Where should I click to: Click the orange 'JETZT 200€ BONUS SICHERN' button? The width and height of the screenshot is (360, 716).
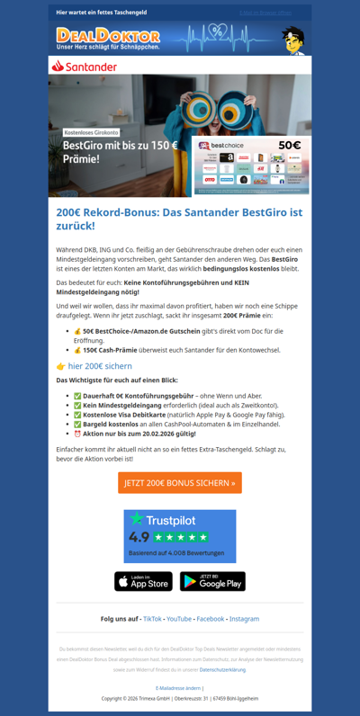[180, 483]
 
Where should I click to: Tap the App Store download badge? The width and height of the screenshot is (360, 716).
[143, 582]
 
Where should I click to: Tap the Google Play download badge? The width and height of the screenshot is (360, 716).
[212, 582]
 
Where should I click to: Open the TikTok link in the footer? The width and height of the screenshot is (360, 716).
[152, 619]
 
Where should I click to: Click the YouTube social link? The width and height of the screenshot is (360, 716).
[178, 619]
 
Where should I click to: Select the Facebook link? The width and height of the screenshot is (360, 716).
[210, 619]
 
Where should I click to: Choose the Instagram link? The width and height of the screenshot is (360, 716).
[244, 619]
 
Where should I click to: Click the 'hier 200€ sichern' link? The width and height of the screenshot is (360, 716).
[100, 366]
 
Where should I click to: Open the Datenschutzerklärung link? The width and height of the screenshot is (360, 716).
[222, 669]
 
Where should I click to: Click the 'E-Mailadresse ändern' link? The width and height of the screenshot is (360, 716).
[180, 687]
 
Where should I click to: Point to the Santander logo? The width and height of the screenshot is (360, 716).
[85, 67]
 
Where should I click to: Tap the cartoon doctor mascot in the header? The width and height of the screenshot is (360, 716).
[292, 39]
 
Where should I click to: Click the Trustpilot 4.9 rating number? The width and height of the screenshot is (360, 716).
[139, 537]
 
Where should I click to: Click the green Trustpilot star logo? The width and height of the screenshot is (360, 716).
[137, 519]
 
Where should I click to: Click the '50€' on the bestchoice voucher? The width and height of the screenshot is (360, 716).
[290, 144]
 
